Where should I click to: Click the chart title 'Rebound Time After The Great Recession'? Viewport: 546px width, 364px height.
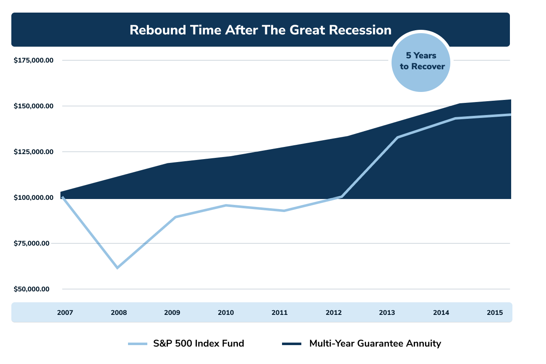(x=260, y=30)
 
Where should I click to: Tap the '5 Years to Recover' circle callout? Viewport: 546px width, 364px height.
(x=421, y=61)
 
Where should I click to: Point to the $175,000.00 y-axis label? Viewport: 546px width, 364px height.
(x=34, y=60)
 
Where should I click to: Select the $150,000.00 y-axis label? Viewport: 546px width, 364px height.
(x=34, y=106)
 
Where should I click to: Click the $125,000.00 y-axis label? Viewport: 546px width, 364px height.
(x=34, y=152)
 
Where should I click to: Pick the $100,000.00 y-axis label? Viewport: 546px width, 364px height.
(x=34, y=198)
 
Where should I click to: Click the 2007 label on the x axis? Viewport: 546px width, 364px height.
(x=65, y=313)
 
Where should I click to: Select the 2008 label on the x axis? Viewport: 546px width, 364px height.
(x=118, y=313)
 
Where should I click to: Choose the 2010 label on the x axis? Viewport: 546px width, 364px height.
(x=226, y=313)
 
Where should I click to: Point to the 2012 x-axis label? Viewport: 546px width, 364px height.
(x=333, y=313)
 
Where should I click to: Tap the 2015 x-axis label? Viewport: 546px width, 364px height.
(x=495, y=313)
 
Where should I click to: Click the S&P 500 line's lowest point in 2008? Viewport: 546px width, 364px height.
(x=118, y=267)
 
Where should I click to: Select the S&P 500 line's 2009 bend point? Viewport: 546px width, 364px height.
(x=175, y=217)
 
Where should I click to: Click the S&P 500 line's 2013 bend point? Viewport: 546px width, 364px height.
(x=397, y=138)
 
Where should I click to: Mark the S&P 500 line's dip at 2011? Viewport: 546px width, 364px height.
(x=284, y=211)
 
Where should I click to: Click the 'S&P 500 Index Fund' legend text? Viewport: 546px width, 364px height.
(x=198, y=343)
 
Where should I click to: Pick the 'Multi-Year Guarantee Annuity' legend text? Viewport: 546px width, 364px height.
(x=375, y=343)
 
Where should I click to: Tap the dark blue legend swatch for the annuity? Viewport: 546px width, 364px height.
(x=292, y=344)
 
